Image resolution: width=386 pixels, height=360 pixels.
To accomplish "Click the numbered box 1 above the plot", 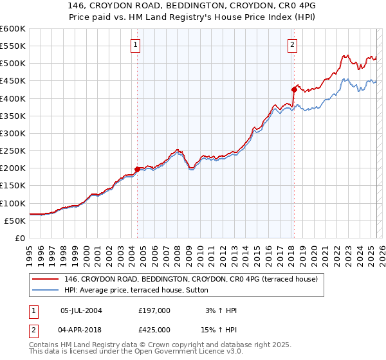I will (x=136, y=45).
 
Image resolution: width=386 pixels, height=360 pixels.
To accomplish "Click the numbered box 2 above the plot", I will (x=293, y=45).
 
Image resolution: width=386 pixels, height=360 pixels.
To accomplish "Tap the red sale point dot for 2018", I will (x=294, y=89).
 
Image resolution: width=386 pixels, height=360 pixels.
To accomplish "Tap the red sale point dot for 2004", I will (x=137, y=169).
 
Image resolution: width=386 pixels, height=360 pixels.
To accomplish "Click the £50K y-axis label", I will (x=15, y=221).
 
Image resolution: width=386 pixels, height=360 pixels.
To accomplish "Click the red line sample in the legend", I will (x=46, y=279).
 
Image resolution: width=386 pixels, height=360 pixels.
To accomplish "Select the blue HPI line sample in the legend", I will (x=46, y=290).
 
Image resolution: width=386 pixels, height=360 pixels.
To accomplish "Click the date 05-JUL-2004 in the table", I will (x=81, y=310).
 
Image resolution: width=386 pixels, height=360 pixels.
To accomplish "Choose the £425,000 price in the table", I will (x=154, y=329).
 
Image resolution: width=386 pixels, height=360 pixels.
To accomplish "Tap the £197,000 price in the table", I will (x=154, y=310).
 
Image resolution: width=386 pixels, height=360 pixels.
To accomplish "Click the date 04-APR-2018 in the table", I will (x=81, y=329).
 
